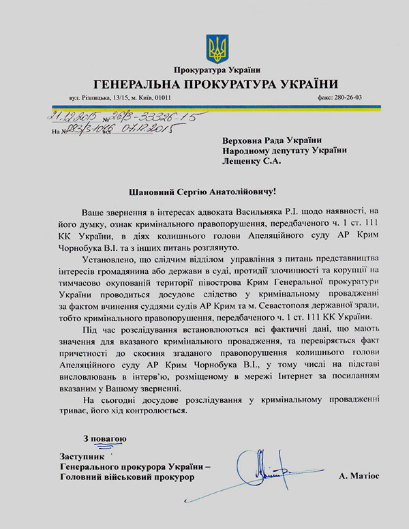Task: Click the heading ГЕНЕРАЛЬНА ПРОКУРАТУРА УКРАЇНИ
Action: tap(216, 84)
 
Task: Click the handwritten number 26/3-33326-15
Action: tap(155, 117)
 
